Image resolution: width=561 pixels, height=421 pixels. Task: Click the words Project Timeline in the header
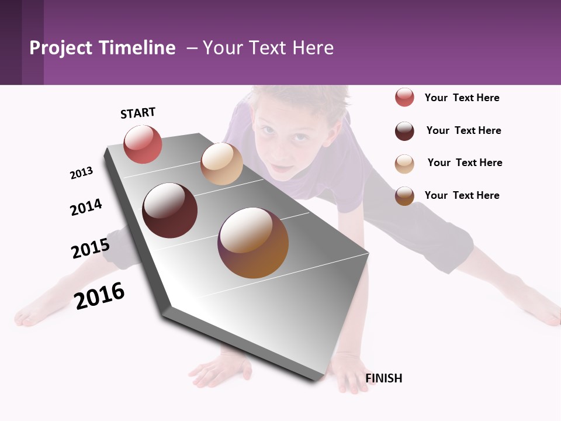tap(102, 48)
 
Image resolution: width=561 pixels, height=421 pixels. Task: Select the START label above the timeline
tap(138, 113)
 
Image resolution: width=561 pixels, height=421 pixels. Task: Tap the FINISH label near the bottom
tap(383, 378)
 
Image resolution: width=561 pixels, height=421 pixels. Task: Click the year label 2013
tap(81, 173)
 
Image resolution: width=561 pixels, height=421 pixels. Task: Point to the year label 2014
tap(86, 207)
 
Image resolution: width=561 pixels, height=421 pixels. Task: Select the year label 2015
tap(90, 248)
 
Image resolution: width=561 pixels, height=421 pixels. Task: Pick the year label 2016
tap(99, 295)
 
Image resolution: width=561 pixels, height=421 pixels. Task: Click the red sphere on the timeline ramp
tap(143, 144)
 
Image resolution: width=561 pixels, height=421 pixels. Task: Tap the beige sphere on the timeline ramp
tap(221, 164)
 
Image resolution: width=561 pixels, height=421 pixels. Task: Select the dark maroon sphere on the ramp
tap(169, 210)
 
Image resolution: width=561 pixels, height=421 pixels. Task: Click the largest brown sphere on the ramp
tap(253, 243)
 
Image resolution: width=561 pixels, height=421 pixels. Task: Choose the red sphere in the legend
tap(404, 98)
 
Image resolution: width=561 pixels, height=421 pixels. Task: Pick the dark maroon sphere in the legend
tap(404, 131)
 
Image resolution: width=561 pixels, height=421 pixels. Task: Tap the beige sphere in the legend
tap(404, 164)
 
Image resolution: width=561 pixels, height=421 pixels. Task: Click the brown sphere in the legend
tap(404, 196)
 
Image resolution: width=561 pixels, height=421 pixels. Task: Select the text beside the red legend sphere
tap(462, 98)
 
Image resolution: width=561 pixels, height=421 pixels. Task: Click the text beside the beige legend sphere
tap(465, 163)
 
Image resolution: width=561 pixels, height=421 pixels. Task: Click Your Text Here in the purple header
tap(268, 48)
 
